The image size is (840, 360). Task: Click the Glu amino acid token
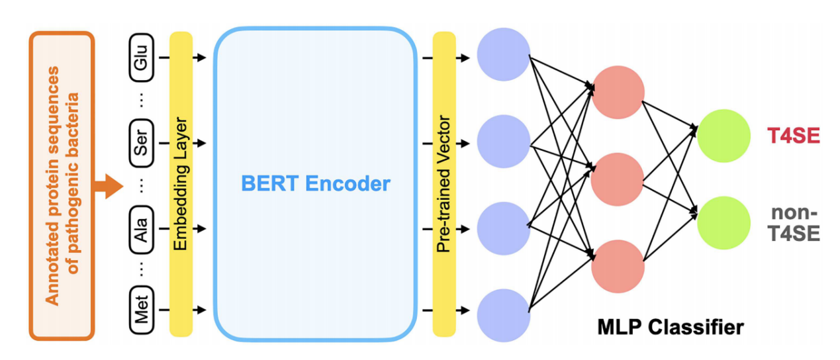click(x=142, y=57)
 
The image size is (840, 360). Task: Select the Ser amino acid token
click(x=142, y=142)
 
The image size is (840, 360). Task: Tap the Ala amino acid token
click(x=142, y=228)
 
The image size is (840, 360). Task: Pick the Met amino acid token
click(x=142, y=310)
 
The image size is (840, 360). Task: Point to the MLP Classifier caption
click(x=670, y=326)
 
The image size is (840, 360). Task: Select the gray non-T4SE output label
click(x=795, y=223)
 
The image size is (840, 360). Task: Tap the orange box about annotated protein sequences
click(x=62, y=185)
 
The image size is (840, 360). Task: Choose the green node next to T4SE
click(x=723, y=136)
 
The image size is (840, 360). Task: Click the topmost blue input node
click(x=503, y=55)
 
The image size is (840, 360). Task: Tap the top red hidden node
click(x=618, y=93)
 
